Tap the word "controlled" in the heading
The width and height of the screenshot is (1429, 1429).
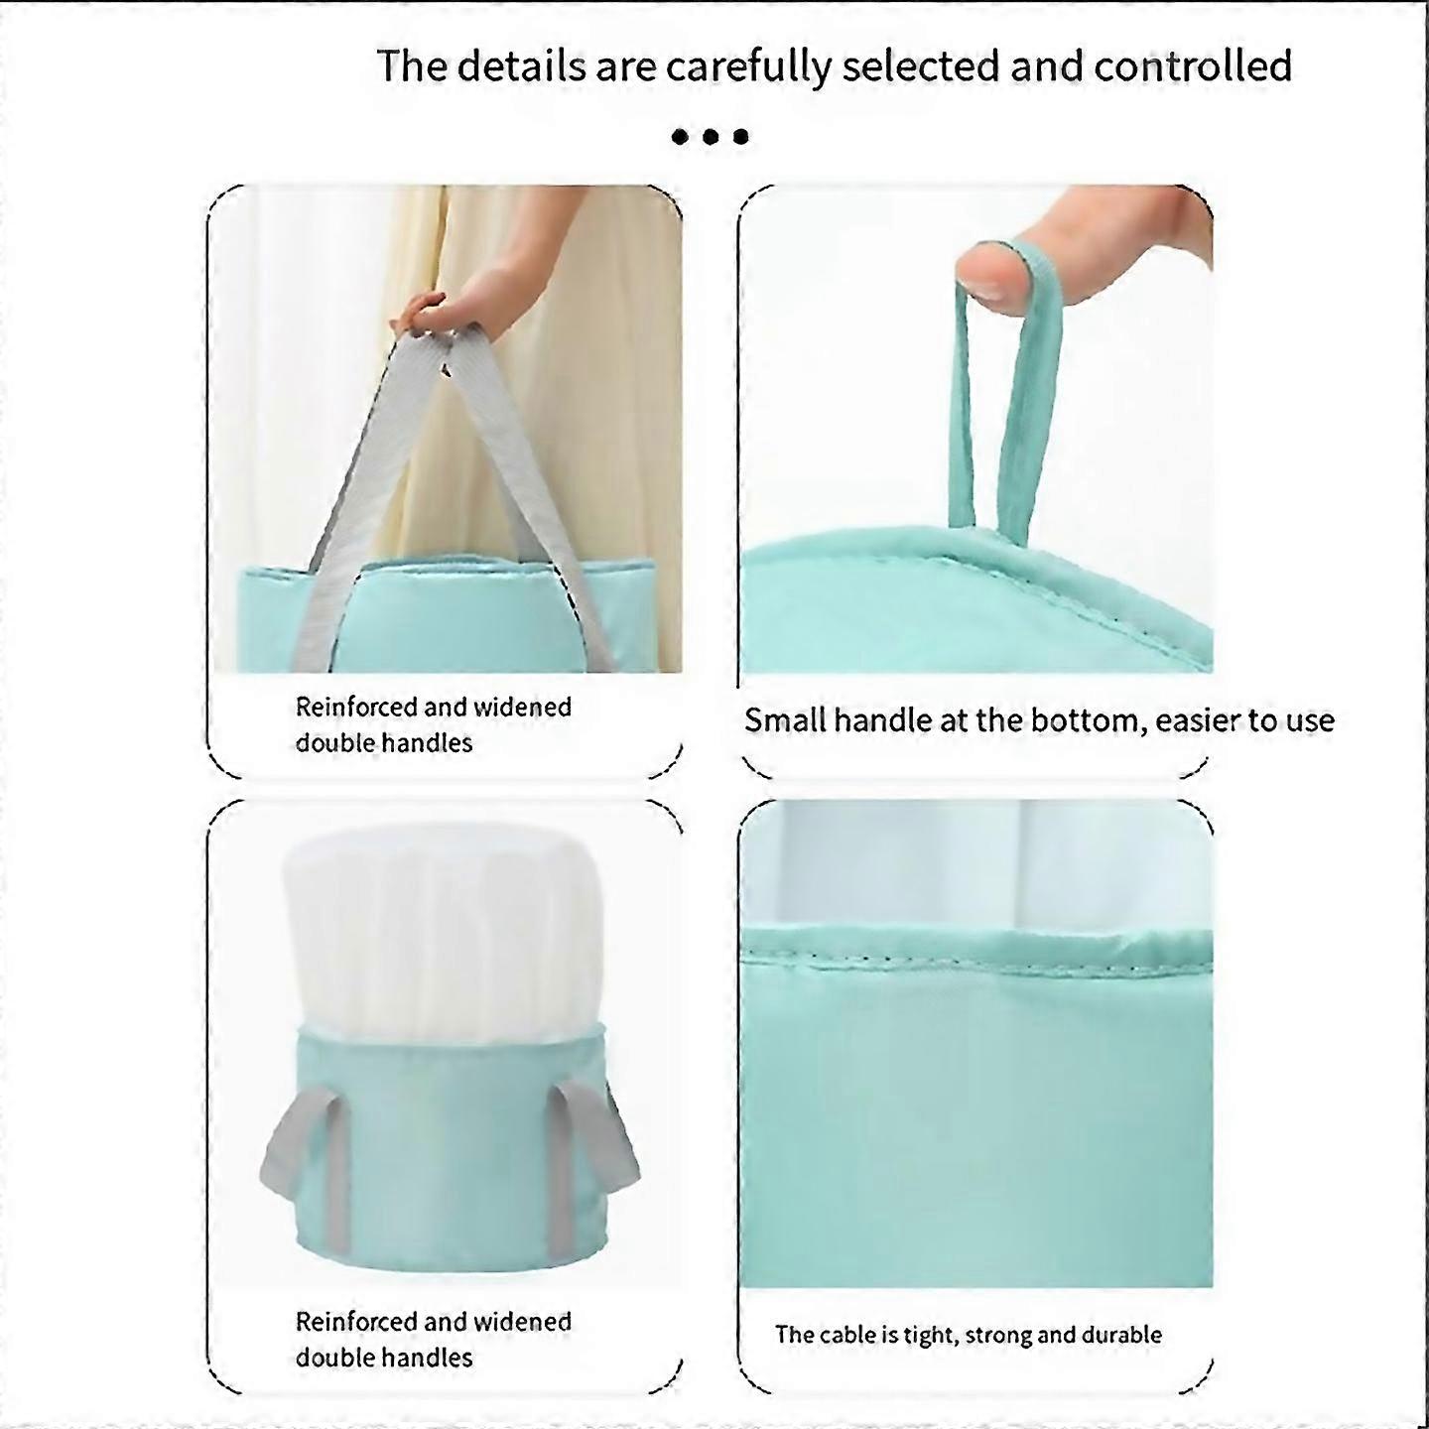pyautogui.click(x=1193, y=65)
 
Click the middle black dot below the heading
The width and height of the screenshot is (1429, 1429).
pyautogui.click(x=711, y=136)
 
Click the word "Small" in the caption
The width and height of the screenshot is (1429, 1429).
pyautogui.click(x=785, y=720)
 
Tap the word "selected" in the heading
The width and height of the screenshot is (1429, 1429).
pyautogui.click(x=922, y=65)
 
